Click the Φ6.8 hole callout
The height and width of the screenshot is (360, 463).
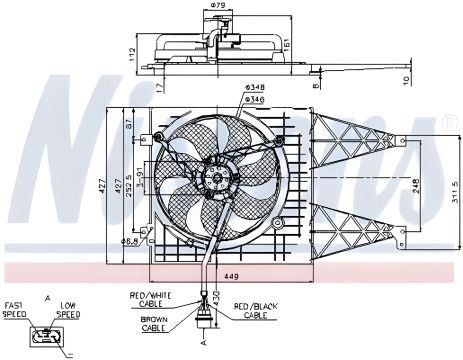[x=130, y=241]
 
